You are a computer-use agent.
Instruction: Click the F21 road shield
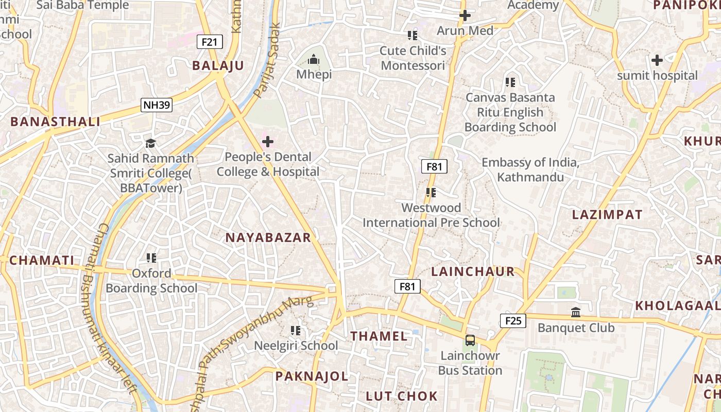click(210, 42)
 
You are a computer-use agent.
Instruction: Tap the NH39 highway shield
click(157, 105)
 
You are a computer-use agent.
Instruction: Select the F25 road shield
click(513, 321)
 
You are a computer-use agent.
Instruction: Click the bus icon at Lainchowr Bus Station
click(470, 340)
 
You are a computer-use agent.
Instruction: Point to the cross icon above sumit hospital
click(657, 60)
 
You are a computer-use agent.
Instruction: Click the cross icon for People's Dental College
click(268, 141)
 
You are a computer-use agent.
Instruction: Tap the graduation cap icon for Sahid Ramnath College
click(150, 143)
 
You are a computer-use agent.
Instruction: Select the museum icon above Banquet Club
click(576, 312)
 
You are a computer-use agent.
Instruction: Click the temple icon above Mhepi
click(314, 60)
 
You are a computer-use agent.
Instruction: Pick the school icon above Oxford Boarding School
click(151, 257)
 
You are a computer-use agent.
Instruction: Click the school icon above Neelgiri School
click(296, 330)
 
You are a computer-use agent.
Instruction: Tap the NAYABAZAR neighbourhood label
click(268, 237)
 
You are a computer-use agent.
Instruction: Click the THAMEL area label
click(379, 336)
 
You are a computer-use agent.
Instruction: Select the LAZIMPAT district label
click(607, 215)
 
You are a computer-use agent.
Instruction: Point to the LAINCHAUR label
click(472, 272)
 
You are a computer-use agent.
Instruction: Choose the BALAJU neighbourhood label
click(218, 65)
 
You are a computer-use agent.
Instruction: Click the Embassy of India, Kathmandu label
click(530, 170)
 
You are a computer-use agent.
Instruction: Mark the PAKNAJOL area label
click(312, 376)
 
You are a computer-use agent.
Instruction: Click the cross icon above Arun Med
click(465, 15)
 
